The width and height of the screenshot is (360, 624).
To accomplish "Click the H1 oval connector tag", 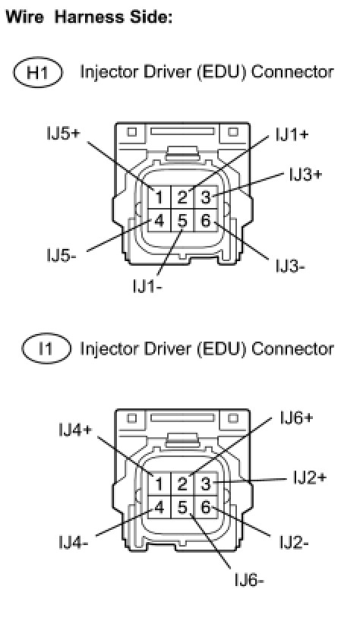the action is click(x=38, y=72).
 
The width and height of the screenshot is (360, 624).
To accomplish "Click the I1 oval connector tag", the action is click(x=46, y=348).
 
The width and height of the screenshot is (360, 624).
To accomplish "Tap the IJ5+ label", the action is click(x=63, y=134).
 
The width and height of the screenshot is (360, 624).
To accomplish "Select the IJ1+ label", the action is click(x=292, y=135).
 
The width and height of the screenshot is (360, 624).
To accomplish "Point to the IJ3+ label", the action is click(x=305, y=175).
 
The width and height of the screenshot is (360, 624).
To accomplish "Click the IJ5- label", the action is click(x=61, y=255).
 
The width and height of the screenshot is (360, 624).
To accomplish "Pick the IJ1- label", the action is click(x=147, y=286).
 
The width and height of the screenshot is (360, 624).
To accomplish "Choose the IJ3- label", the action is click(x=290, y=266).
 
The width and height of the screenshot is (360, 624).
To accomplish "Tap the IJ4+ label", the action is click(x=75, y=430).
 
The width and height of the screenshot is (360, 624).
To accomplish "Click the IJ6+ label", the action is click(x=296, y=418).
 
